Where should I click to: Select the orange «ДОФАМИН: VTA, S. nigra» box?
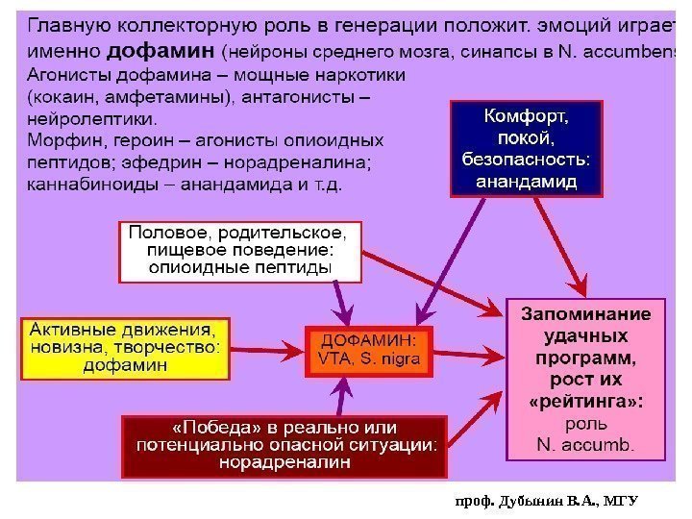coord(368,350)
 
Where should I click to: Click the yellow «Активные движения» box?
coord(125,348)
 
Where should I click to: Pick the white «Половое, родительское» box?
coord(240,252)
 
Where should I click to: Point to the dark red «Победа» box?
coord(285,445)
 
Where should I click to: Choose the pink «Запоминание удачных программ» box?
coord(584,378)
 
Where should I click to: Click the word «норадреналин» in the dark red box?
coord(284,462)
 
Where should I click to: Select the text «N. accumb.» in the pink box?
coord(584,443)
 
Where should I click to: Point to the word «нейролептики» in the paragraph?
coord(92,119)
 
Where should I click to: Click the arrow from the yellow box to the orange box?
coord(268,348)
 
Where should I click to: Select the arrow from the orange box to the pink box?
coord(470,348)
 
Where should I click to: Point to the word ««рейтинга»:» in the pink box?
coord(584,399)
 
